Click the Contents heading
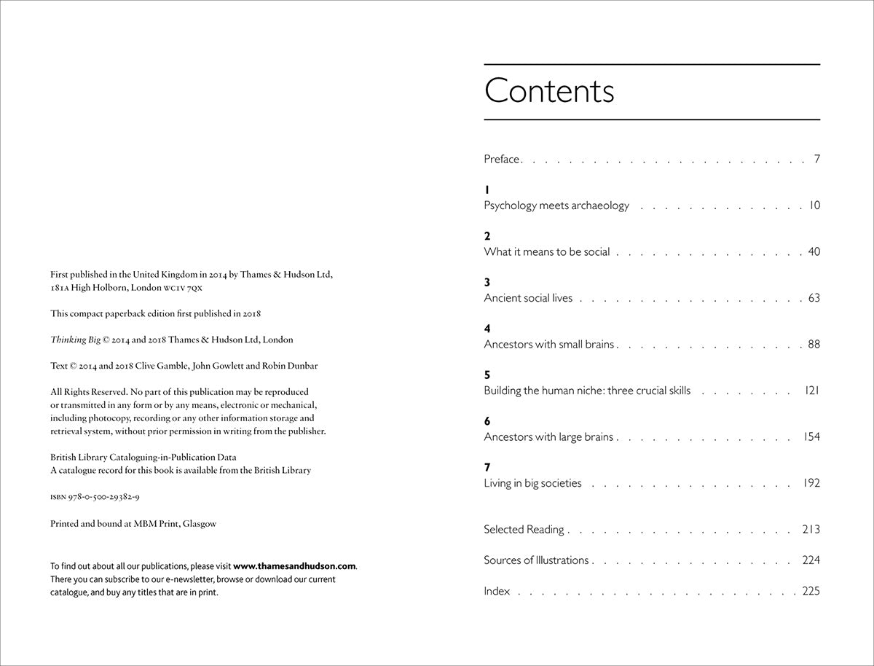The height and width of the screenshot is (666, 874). tap(549, 91)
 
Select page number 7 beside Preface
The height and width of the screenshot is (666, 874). tap(817, 159)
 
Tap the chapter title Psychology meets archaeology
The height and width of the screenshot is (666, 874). tap(556, 205)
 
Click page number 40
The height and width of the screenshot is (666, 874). tap(814, 251)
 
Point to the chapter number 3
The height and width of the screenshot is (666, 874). tap(487, 282)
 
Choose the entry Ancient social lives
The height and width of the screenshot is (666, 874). tap(528, 298)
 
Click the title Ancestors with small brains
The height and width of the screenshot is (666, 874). tap(549, 344)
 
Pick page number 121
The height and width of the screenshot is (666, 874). tap(812, 391)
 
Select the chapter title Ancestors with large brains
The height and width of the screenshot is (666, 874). tap(548, 437)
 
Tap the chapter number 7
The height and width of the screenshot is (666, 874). tap(487, 467)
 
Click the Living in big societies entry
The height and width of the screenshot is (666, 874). tap(532, 483)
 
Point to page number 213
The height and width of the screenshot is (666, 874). tap(811, 530)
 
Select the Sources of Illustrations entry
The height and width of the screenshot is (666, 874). tap(536, 560)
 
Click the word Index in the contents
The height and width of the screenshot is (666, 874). tap(497, 591)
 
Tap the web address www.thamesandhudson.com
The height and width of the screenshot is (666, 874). tap(294, 566)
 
